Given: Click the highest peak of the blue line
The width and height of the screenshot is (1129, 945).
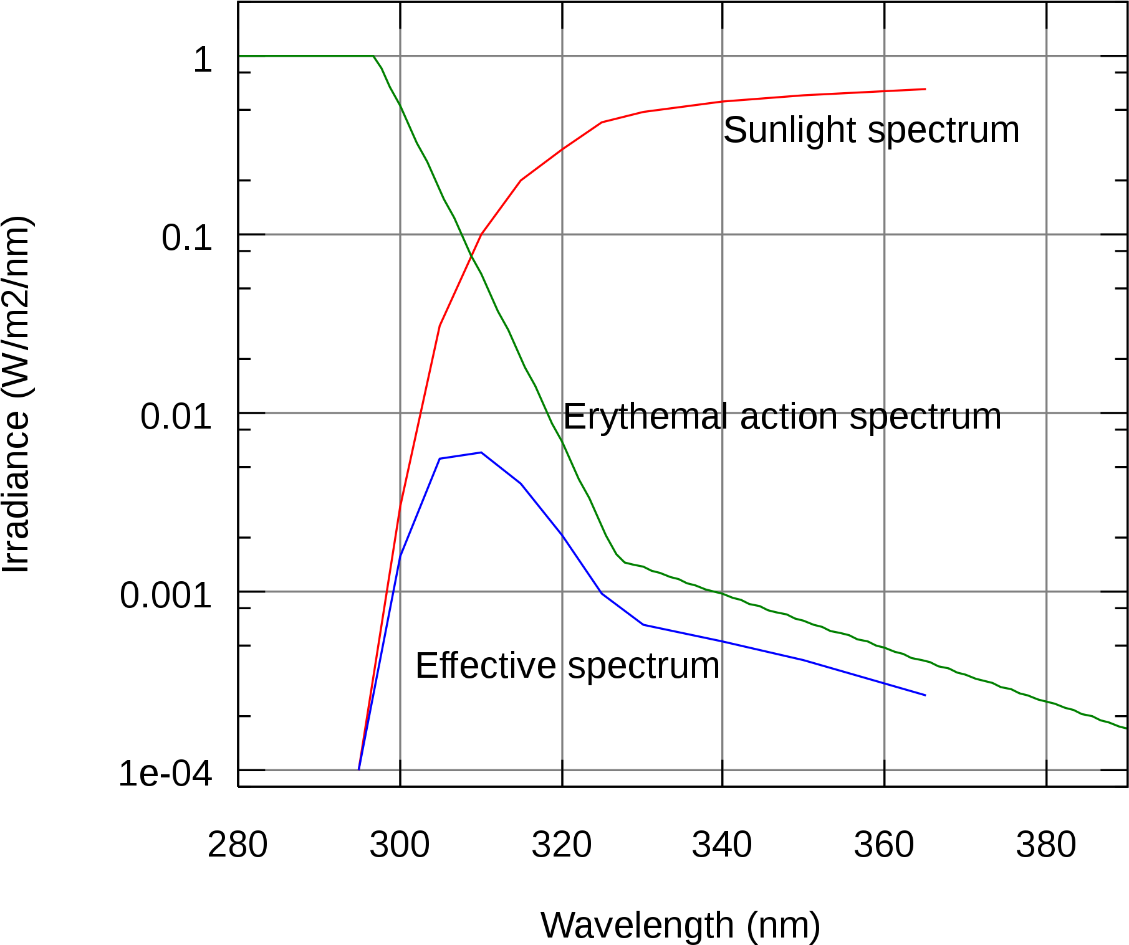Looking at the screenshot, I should click(x=481, y=452).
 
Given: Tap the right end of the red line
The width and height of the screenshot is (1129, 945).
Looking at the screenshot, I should click(x=926, y=89).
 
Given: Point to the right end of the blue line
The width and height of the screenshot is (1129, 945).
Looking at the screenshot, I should click(x=925, y=695).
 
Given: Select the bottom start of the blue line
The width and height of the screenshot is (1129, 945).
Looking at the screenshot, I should click(x=359, y=769).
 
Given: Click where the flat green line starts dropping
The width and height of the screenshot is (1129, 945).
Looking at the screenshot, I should click(x=373, y=56).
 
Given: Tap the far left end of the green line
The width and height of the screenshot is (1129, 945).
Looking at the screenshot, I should click(x=240, y=56).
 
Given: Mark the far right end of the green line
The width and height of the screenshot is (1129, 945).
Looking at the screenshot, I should click(x=1126, y=728).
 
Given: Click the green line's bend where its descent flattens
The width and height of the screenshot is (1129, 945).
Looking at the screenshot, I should click(x=623, y=562).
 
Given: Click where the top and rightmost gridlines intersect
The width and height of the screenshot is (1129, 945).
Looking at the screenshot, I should click(x=1047, y=56).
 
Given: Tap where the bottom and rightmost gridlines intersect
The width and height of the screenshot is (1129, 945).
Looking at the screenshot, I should click(x=1047, y=770).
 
